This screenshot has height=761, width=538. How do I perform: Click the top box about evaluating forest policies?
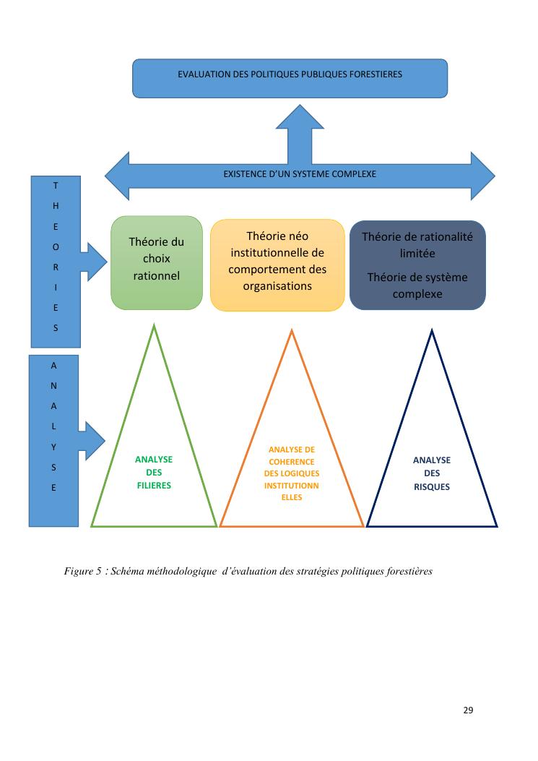(290, 78)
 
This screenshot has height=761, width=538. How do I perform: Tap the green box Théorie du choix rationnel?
(156, 262)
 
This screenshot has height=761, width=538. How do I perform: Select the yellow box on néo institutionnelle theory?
(277, 265)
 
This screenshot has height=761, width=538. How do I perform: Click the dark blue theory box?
(417, 265)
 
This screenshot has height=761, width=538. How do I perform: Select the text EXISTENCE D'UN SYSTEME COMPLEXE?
(300, 174)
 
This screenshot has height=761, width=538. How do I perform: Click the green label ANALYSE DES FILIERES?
(154, 473)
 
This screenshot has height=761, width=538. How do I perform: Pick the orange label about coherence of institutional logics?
(291, 473)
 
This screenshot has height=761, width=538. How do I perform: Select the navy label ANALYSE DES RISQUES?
(432, 473)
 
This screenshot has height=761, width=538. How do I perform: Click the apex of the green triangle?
(154, 327)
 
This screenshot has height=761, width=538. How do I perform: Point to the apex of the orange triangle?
(292, 332)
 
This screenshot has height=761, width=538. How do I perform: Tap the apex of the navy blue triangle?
(432, 332)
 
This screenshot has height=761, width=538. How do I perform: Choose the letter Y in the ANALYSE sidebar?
(54, 447)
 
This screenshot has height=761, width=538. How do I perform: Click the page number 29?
(468, 710)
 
